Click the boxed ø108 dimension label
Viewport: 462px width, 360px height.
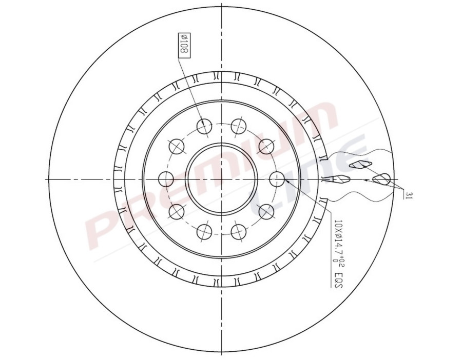pos(183,46)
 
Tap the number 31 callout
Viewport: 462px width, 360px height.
pos(408,194)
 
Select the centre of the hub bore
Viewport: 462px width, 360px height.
pos(221,179)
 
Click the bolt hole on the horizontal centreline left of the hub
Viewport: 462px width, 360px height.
pos(166,179)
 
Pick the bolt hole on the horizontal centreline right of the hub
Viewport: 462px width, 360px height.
pos(277,179)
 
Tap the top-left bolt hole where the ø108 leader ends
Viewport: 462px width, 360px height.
pos(204,126)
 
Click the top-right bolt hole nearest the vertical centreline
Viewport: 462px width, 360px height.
pos(238,125)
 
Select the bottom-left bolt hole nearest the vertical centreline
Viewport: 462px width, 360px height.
pos(204,232)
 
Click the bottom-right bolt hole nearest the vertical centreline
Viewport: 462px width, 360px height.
pos(238,232)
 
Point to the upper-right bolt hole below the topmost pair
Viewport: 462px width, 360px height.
pos(266,147)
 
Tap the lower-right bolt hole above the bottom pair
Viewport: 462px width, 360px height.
pos(266,211)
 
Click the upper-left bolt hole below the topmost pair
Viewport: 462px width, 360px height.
pos(177,146)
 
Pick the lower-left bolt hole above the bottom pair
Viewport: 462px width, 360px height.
pos(177,211)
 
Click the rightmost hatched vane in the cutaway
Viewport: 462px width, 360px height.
pos(382,178)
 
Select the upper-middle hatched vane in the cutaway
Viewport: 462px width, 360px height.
pos(359,164)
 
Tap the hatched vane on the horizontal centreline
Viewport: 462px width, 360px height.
pos(341,179)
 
